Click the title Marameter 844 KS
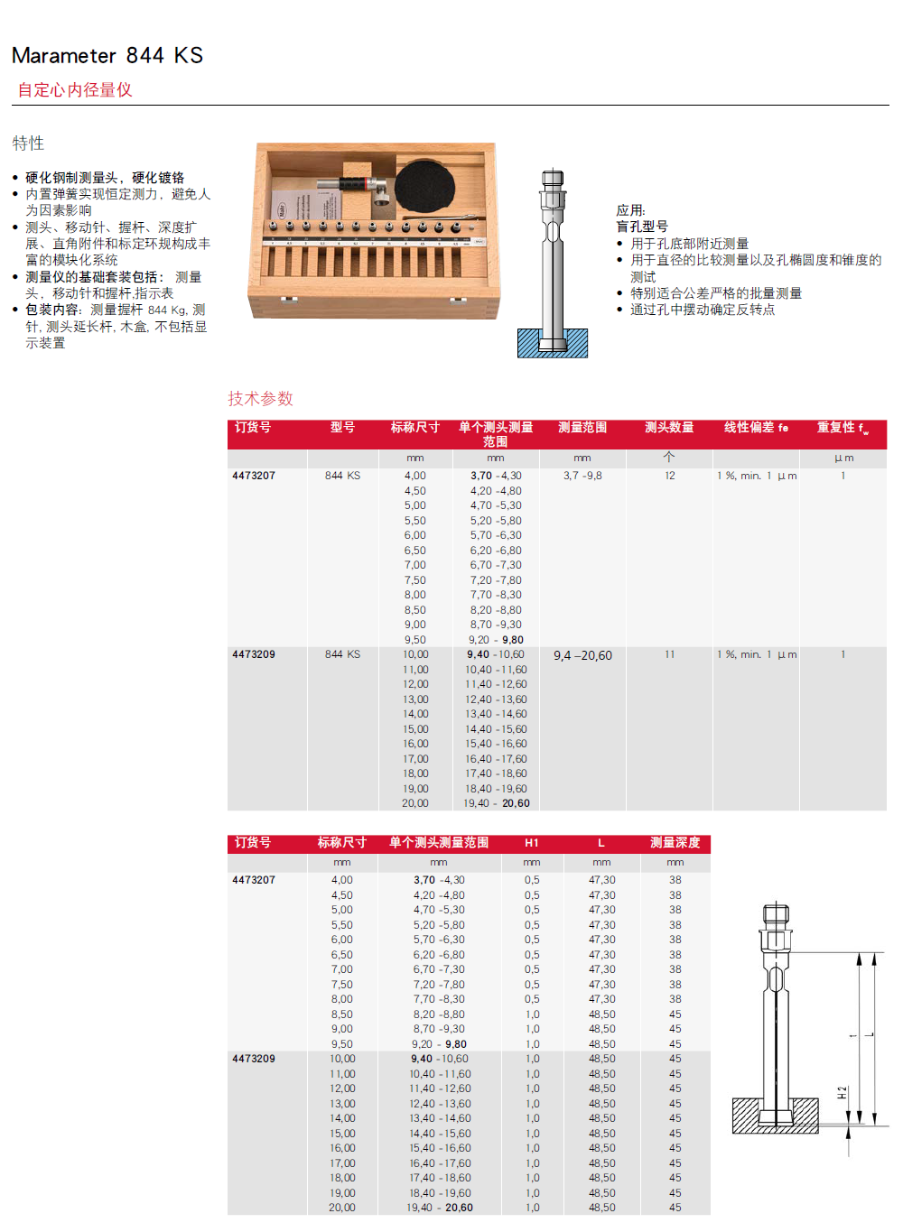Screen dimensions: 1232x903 pyautogui.click(x=107, y=56)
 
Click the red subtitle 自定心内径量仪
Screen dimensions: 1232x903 pyautogui.click(x=75, y=90)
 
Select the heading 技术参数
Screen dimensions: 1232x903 pyautogui.click(x=260, y=399)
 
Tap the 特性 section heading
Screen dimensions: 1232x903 pyautogui.click(x=28, y=144)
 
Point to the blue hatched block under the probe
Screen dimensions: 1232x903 pyautogui.click(x=553, y=344)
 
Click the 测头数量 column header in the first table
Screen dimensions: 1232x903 pyautogui.click(x=669, y=428)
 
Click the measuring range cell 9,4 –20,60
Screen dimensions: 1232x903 pyautogui.click(x=582, y=656)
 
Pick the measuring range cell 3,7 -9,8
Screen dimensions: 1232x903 pyautogui.click(x=582, y=476)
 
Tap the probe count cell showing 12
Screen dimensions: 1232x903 pyautogui.click(x=670, y=476)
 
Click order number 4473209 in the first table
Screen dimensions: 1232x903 pyautogui.click(x=254, y=654)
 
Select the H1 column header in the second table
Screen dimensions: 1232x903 pyautogui.click(x=532, y=843)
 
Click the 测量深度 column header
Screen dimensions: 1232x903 pyautogui.click(x=675, y=843)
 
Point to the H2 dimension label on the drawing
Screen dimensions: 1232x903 pyautogui.click(x=842, y=1093)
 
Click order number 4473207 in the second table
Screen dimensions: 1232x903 pyautogui.click(x=254, y=880)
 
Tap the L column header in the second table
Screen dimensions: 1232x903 pyautogui.click(x=601, y=843)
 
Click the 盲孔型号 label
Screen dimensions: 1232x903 pyautogui.click(x=642, y=227)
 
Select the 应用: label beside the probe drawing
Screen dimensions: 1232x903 pyautogui.click(x=630, y=210)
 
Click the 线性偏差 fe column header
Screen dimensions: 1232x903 pyautogui.click(x=756, y=428)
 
